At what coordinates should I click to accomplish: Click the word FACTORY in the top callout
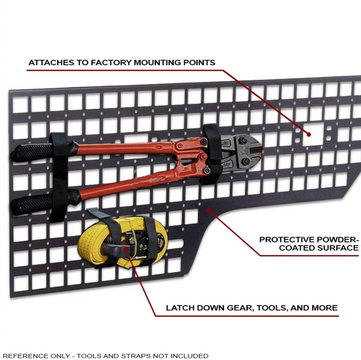coord(111,63)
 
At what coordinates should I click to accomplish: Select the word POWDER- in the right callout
coord(338,240)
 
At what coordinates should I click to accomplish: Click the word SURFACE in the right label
coord(338,248)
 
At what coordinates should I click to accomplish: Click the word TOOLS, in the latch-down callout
coord(272,308)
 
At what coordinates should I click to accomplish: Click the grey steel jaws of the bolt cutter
coord(241,152)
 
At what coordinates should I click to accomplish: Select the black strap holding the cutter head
coord(212,153)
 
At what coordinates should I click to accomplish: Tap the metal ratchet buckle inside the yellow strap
coord(141,243)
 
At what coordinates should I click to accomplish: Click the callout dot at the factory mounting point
coord(308,134)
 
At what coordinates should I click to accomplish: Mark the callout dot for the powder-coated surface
coord(208,210)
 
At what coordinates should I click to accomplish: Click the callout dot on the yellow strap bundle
coord(125,248)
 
